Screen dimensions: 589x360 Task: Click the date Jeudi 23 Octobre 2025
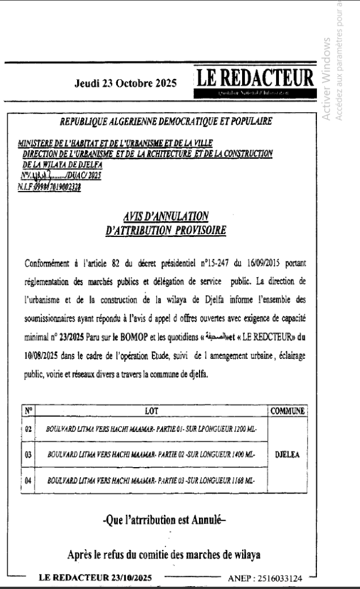[x=125, y=83]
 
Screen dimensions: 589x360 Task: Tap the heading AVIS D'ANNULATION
[x=166, y=216]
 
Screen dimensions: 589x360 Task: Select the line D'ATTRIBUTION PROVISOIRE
[x=166, y=231]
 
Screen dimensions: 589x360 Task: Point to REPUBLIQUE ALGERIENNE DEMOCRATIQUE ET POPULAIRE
[x=166, y=121]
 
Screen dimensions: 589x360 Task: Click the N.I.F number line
[x=49, y=186]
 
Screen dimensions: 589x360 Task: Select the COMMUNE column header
[x=287, y=411]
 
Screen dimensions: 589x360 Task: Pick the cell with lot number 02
[x=29, y=429]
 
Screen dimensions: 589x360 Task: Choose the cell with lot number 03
[x=29, y=454]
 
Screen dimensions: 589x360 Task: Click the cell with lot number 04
[x=29, y=479]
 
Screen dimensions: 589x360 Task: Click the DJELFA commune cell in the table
[x=287, y=454]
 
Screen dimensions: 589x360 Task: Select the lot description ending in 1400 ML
[x=151, y=454]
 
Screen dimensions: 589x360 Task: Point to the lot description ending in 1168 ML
[x=151, y=479]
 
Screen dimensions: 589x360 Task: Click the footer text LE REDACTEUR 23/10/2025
[x=95, y=577]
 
